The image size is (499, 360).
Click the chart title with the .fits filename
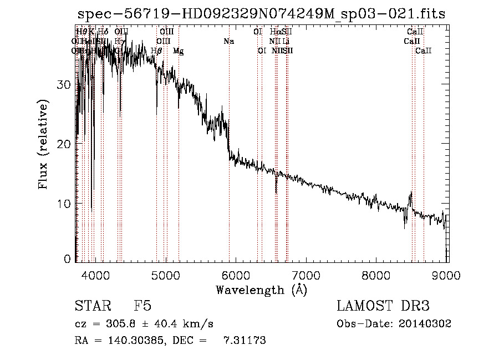[261, 14]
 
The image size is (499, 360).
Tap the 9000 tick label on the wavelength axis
[447, 274]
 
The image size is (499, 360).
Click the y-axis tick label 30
[66, 84]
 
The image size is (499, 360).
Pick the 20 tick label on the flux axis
[66, 144]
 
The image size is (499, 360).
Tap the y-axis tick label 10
[66, 203]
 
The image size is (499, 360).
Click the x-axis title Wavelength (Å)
[261, 290]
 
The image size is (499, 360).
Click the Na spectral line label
[228, 41]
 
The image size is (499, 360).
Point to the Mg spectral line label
[178, 50]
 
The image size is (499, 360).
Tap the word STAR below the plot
[90, 306]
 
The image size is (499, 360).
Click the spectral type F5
[142, 306]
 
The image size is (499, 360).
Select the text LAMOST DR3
[383, 306]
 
